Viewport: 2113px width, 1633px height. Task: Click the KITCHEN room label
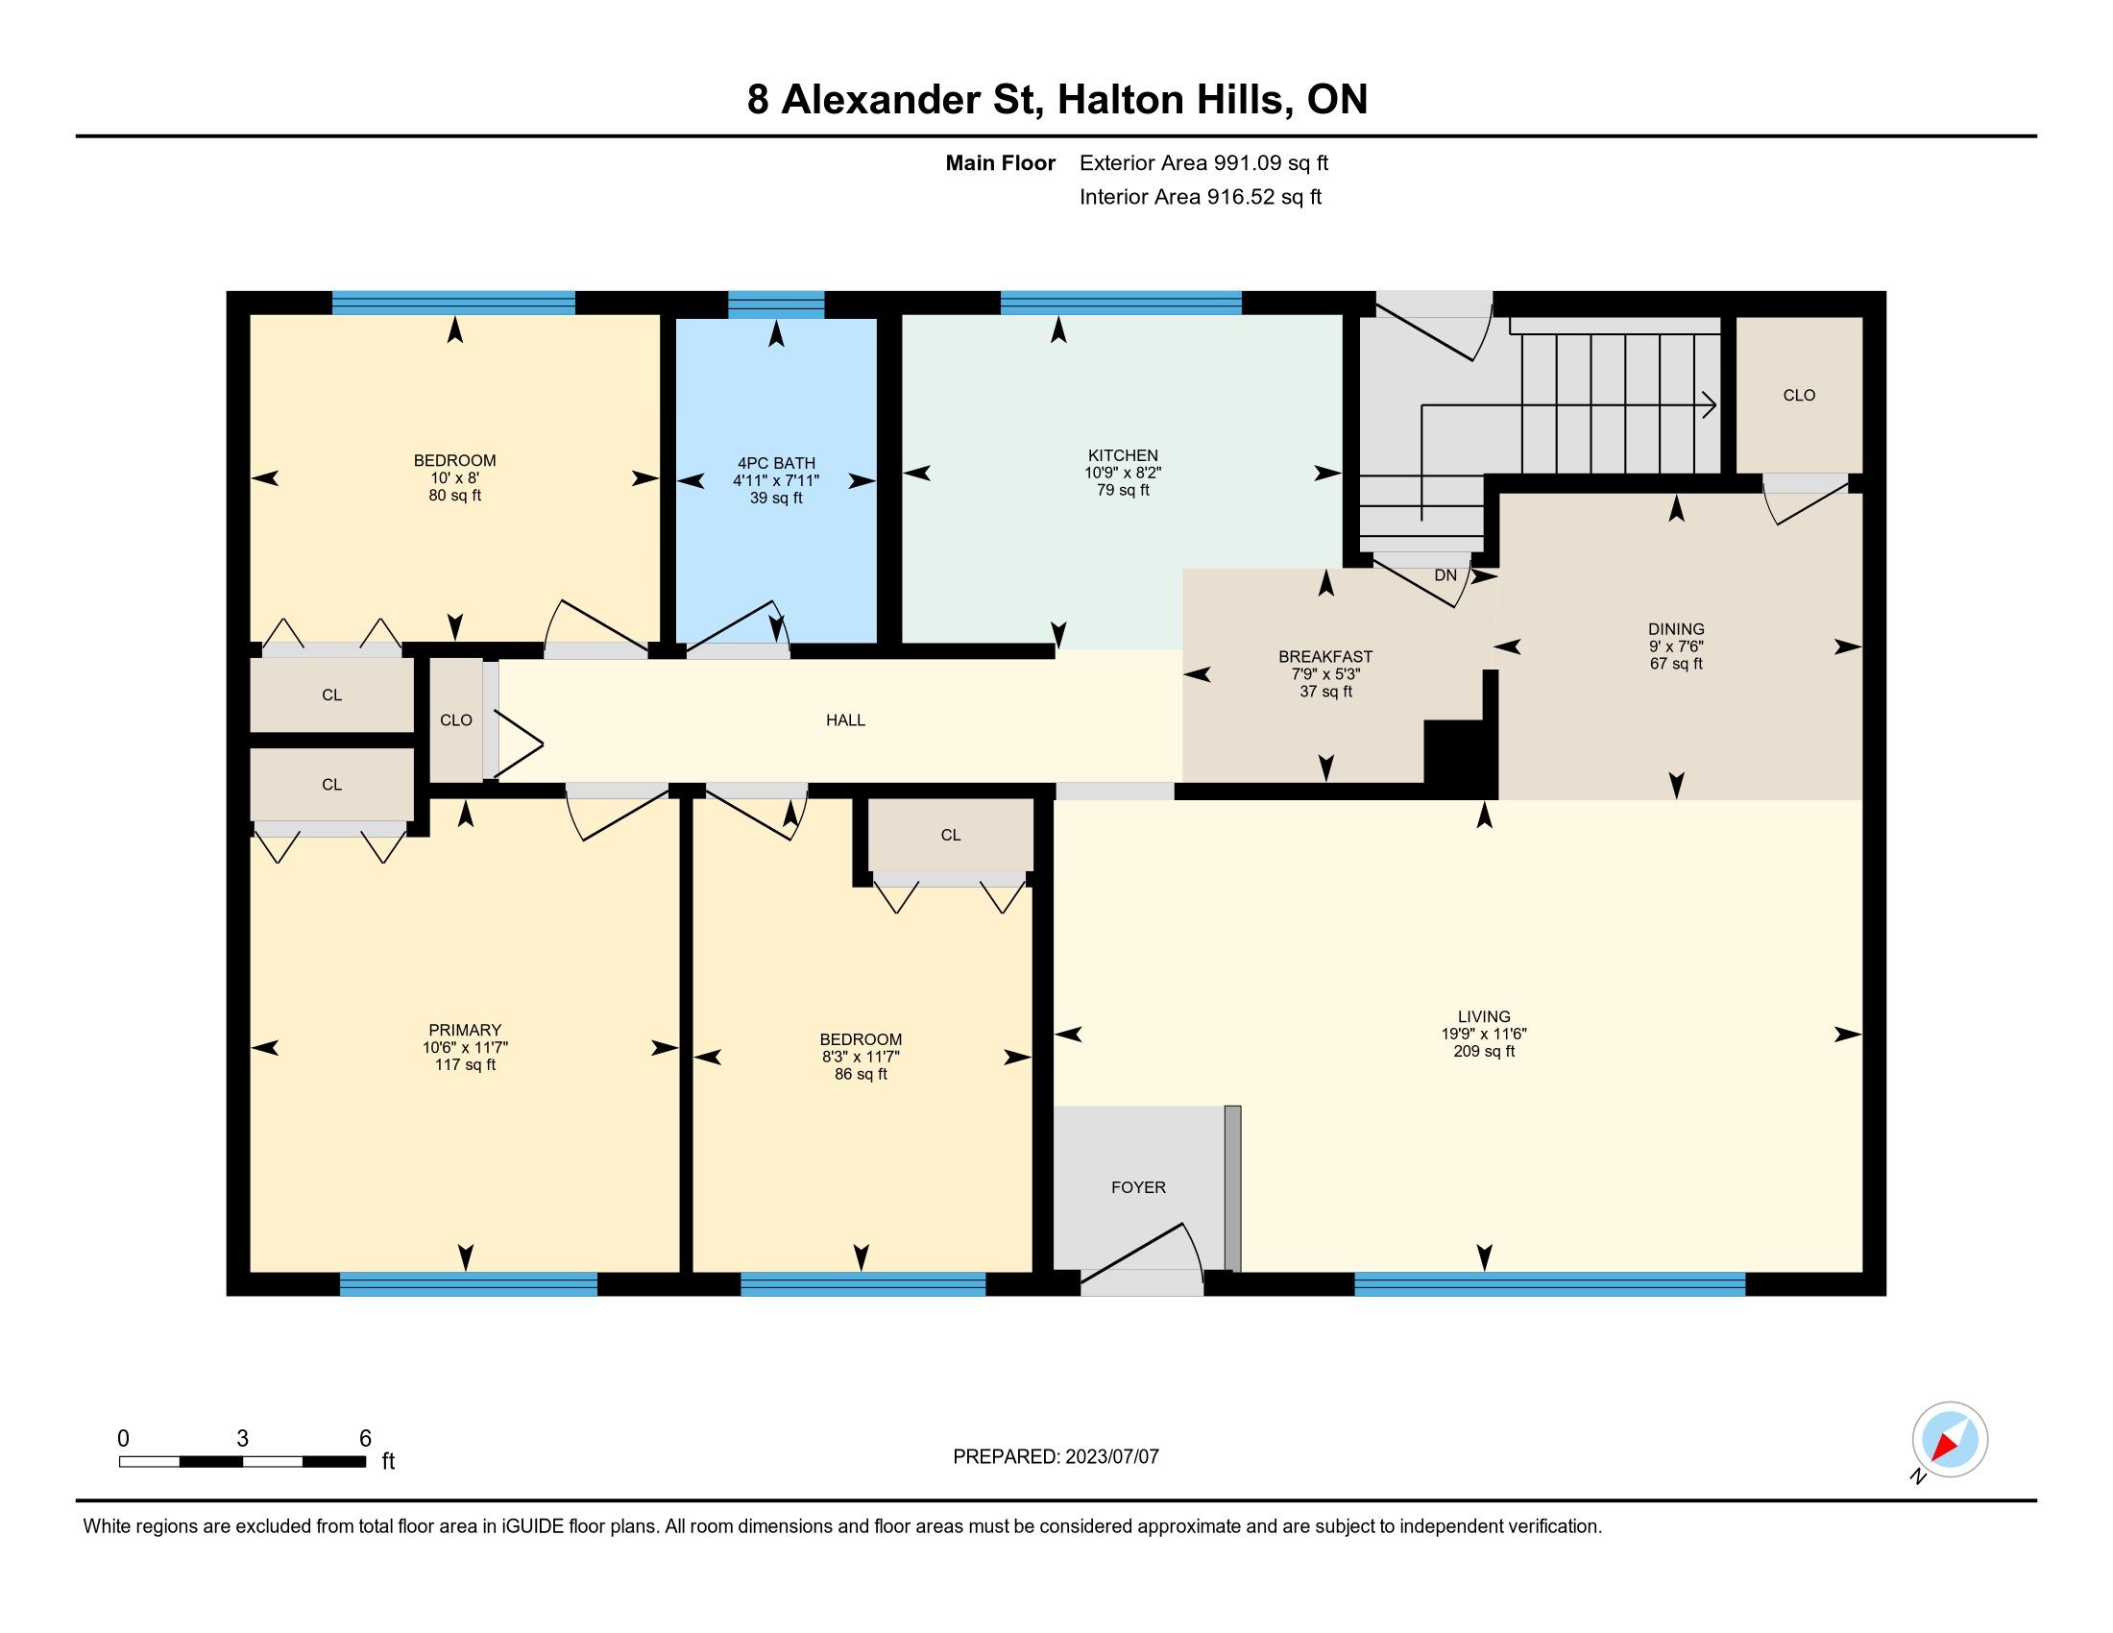1122,455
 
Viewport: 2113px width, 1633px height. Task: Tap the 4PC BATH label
776,463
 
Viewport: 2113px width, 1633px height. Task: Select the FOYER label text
1138,1187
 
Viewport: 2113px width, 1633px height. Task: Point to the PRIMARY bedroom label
466,1031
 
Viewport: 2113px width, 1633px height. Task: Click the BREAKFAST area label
1325,657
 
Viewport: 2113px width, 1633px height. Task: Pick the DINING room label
1677,629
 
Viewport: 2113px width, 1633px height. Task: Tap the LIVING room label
1484,1016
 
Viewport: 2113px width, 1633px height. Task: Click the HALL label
845,719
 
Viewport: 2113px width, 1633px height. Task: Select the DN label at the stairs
1445,575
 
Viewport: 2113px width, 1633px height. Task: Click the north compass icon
1950,1440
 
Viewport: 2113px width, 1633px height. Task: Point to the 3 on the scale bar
243,1439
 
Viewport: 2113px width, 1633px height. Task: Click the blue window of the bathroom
776,304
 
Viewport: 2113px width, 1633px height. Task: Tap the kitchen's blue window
1121,303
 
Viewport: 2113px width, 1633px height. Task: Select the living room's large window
1550,1283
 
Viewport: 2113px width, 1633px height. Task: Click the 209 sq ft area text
1484,1052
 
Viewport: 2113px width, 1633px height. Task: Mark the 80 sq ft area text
454,497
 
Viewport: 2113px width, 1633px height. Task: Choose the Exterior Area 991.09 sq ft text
1203,162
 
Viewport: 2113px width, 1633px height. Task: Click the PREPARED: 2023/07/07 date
1056,1457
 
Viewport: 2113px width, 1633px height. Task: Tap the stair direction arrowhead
1710,405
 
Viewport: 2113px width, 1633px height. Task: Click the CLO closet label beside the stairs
1800,396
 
